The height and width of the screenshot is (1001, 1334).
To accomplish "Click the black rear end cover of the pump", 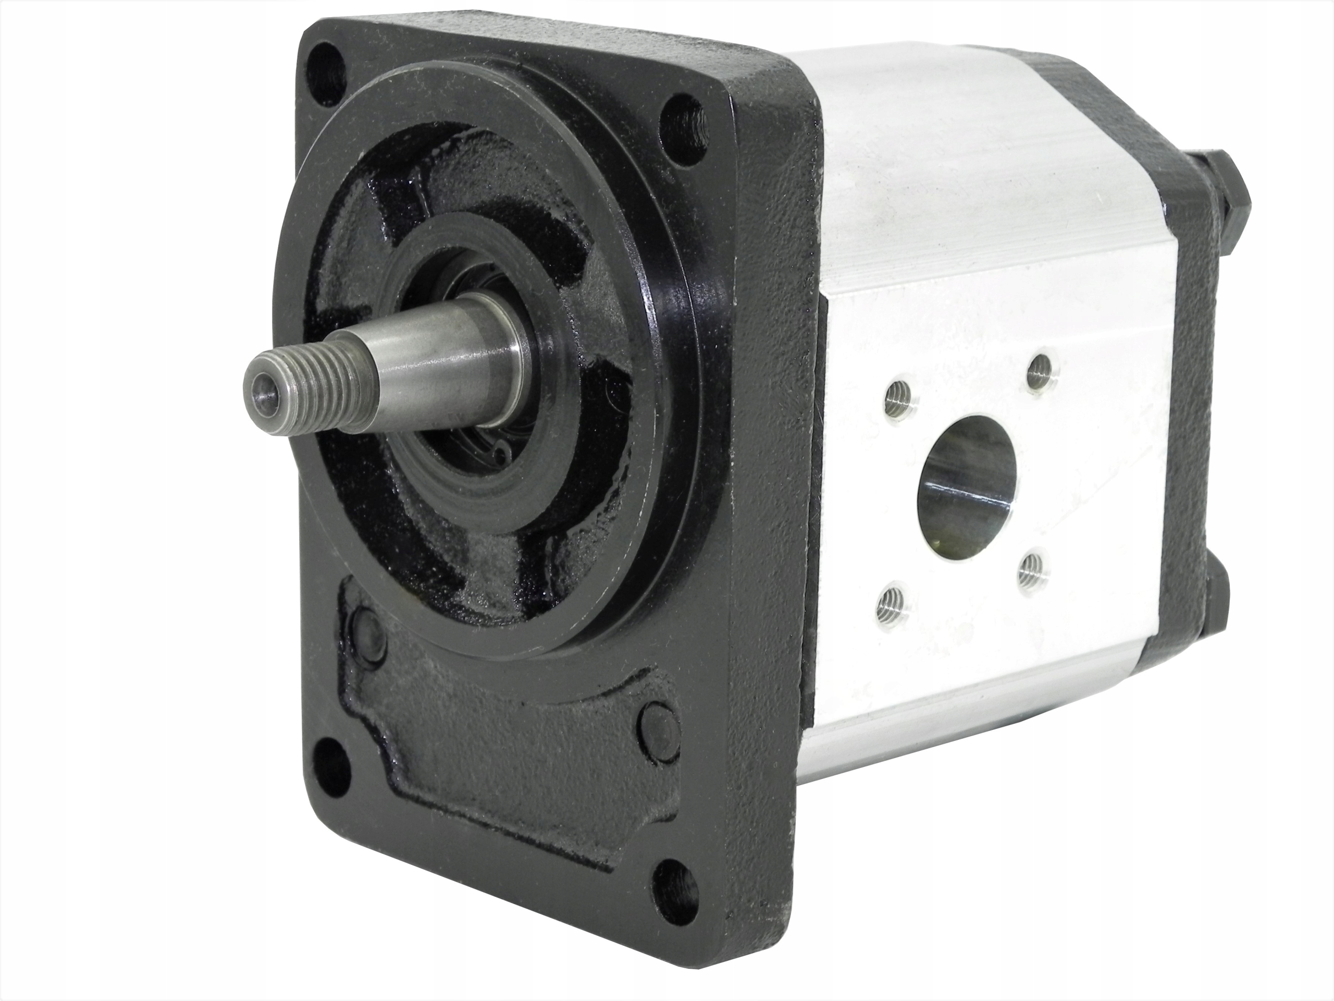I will click(x=1182, y=422).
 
